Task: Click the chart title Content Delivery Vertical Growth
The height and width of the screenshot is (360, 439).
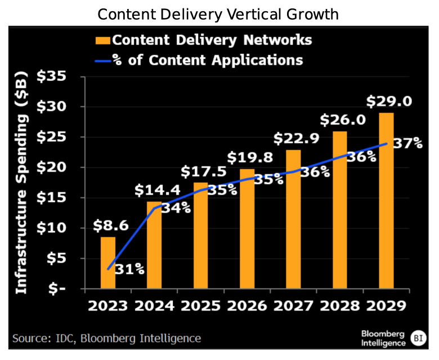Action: tap(218, 14)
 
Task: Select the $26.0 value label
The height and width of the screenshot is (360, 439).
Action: tap(339, 120)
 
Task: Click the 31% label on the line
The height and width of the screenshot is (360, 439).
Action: tap(129, 269)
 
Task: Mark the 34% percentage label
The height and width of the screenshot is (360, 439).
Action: tap(176, 208)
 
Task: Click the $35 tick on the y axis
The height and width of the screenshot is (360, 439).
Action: tap(52, 76)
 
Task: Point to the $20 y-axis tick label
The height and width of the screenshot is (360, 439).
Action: tap(52, 168)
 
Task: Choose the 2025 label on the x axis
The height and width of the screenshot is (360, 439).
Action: tap(200, 307)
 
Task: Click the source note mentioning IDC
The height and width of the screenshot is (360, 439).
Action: tap(107, 338)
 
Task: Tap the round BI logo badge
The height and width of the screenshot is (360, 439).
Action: tap(418, 338)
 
